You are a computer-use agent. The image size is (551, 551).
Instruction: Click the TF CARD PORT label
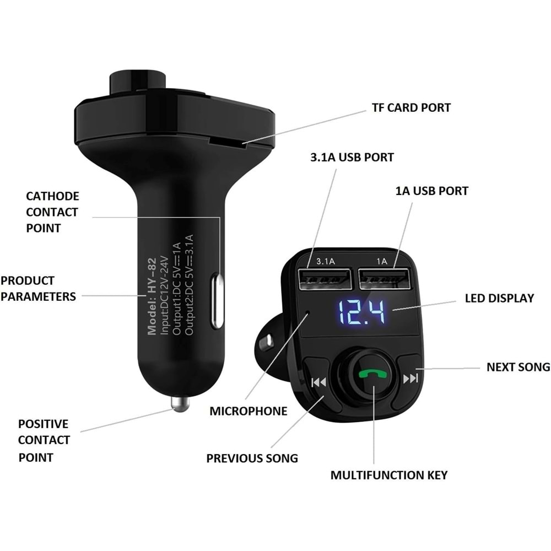click(411, 107)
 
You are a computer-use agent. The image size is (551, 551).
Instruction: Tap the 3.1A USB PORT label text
click(352, 157)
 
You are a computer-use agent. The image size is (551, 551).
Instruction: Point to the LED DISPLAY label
click(499, 298)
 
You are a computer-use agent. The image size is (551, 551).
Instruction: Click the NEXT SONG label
click(517, 366)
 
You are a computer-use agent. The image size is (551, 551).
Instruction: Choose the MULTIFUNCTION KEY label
click(389, 474)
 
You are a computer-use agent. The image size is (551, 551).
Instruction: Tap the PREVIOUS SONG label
click(252, 458)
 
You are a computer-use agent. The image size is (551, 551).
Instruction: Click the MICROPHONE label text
click(249, 411)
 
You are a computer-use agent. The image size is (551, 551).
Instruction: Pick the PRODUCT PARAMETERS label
click(37, 288)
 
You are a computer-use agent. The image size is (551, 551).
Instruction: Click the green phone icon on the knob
click(374, 375)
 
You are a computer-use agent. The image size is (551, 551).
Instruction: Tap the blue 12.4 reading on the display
click(361, 312)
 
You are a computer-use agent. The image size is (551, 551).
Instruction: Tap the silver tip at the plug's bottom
click(180, 404)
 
